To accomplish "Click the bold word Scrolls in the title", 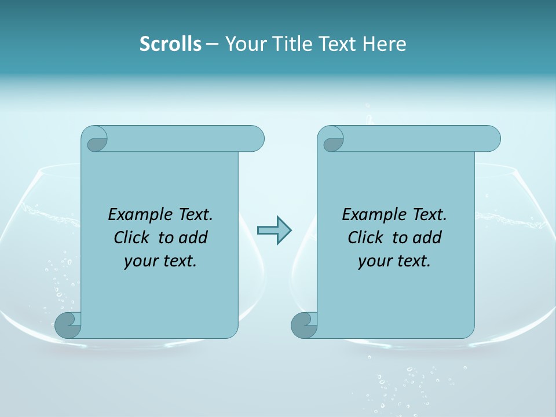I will [x=170, y=44].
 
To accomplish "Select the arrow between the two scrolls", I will [x=274, y=231].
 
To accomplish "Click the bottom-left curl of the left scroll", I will [x=68, y=325].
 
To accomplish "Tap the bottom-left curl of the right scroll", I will [x=303, y=325].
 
